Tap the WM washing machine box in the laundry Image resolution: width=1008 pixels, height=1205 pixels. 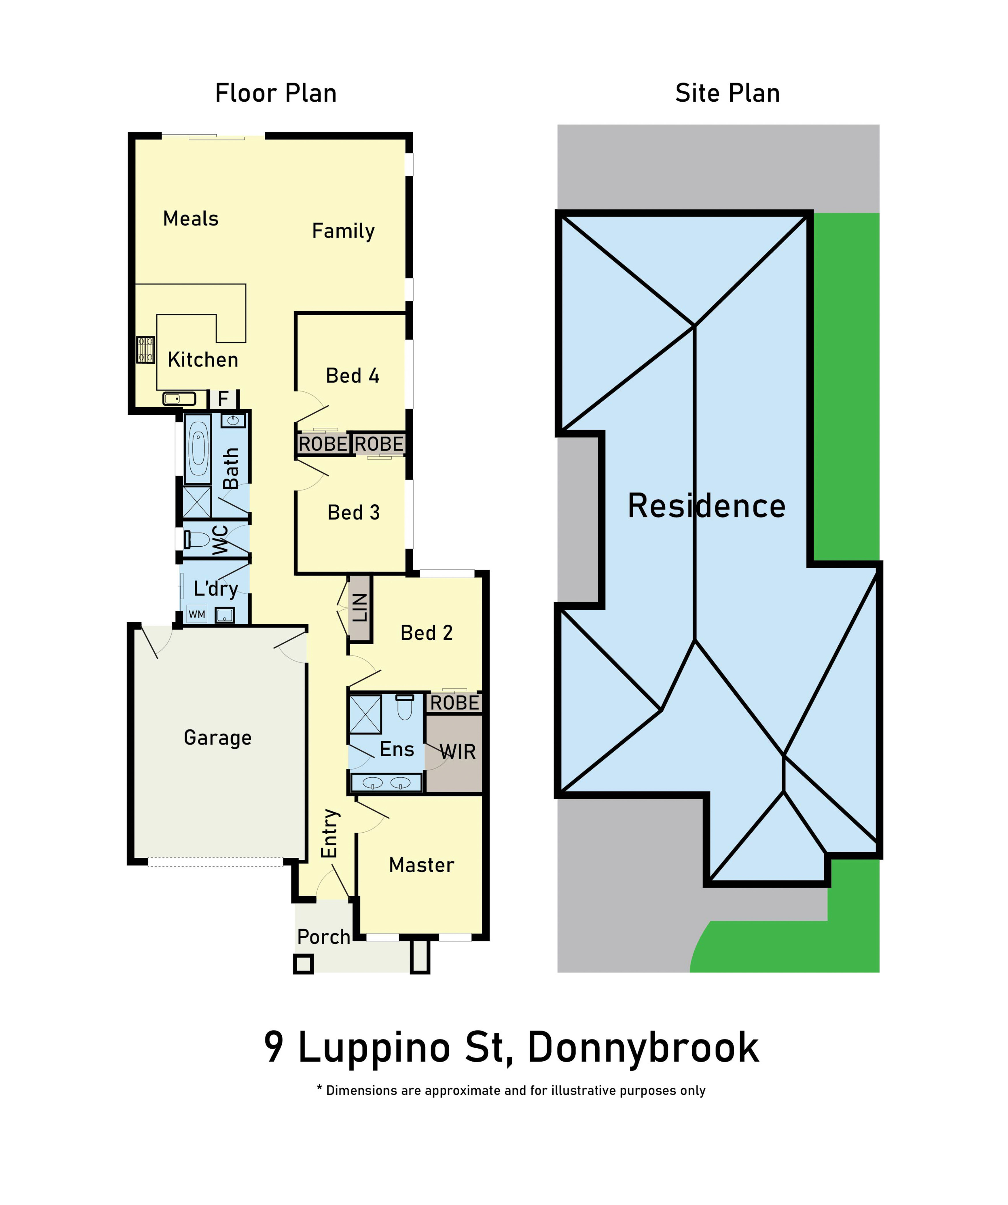197,615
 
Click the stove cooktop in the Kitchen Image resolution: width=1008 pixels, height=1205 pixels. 146,350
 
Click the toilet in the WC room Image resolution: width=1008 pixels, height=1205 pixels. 197,539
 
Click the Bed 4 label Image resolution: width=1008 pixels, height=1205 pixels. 352,376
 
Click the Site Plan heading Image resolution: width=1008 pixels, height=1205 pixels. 727,93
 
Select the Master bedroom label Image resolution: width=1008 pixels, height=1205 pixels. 422,865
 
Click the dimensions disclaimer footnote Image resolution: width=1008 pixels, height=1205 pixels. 511,1091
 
